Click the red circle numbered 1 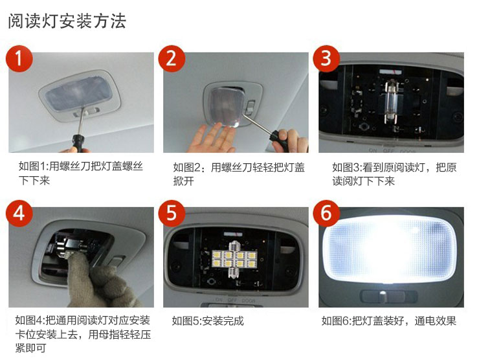pos(19,58)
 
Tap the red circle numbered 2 pos(172,58)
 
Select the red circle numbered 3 pos(326,58)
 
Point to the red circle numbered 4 pos(19,213)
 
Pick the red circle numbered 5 pos(172,213)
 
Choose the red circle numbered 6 pos(326,213)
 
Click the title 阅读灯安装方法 pos(67,21)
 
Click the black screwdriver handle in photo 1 pos(78,143)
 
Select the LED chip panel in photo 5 pos(234,259)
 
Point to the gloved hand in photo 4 pos(101,281)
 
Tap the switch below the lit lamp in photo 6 pos(388,296)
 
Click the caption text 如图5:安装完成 pos(208,321)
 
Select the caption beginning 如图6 pos(388,321)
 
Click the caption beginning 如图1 pos(81,174)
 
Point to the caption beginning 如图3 pos(394,174)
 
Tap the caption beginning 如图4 pos(83,334)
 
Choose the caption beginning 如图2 pos(239,174)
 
